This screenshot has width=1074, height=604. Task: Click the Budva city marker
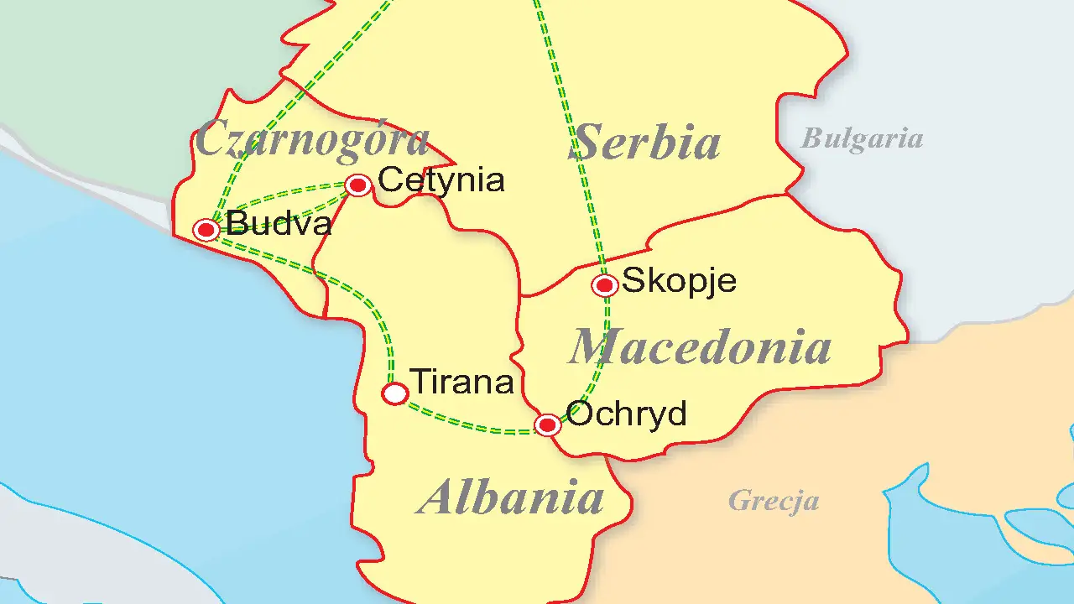(206, 229)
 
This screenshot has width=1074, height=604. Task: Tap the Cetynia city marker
(358, 185)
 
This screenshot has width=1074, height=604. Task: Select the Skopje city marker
(605, 285)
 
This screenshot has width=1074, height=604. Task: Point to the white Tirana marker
(395, 393)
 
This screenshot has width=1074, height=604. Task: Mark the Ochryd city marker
(548, 425)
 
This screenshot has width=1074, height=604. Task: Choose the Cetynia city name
(441, 180)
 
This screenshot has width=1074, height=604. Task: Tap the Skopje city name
(679, 280)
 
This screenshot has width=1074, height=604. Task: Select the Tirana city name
(461, 383)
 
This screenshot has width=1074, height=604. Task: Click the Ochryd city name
(627, 414)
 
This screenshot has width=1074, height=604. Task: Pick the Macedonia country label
(701, 346)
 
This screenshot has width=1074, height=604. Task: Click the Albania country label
(512, 497)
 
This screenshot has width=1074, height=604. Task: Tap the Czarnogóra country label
(312, 138)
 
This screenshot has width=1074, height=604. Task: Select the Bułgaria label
(862, 138)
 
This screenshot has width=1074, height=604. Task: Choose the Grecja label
(774, 501)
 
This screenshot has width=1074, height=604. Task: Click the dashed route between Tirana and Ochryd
(470, 424)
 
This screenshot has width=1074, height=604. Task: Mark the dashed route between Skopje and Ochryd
(601, 369)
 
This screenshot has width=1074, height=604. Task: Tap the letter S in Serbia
(591, 142)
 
